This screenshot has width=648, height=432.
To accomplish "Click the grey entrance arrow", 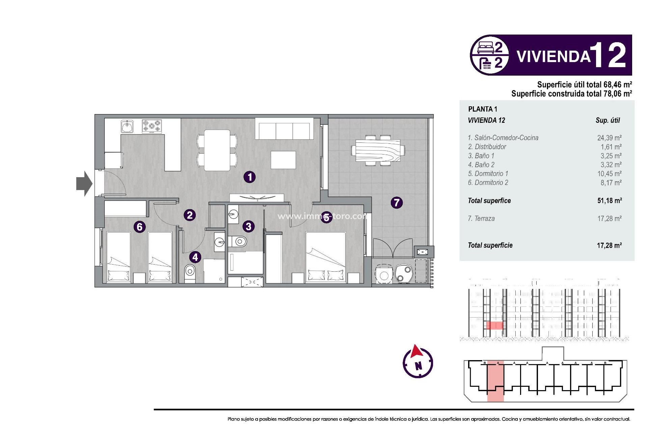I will click(84, 184).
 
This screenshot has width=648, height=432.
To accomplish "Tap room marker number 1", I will click(250, 177).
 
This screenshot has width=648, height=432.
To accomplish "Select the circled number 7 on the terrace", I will click(397, 202).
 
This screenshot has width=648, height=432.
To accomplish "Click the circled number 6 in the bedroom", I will click(139, 227).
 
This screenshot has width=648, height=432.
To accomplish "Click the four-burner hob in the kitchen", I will click(152, 127).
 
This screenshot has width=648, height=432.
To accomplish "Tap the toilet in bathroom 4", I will click(190, 272).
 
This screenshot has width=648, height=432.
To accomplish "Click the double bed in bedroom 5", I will click(325, 256).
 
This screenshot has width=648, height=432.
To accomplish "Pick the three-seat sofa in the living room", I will click(284, 131).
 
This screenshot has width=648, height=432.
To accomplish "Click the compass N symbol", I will click(418, 366).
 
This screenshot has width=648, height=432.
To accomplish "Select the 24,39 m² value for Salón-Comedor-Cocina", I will click(609, 138).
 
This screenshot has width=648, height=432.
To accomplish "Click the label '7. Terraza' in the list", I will click(481, 219).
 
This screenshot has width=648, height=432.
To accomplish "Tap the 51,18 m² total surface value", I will click(610, 201).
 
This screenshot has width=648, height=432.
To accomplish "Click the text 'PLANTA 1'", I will click(483, 109).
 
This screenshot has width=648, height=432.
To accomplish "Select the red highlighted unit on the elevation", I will click(494, 325).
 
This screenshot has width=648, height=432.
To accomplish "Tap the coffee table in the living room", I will click(283, 160).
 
